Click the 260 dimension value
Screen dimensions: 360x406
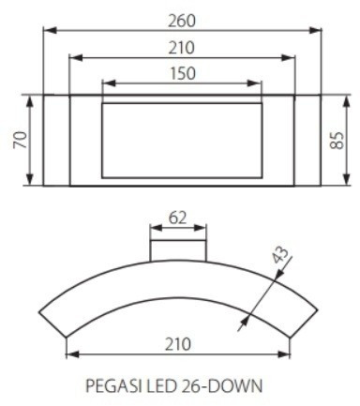tap(182, 22)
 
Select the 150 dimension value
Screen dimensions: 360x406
tap(183, 73)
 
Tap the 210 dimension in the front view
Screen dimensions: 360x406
tap(182, 48)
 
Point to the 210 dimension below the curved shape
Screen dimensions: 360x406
tap(177, 344)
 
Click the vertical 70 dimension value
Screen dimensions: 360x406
tap(21, 140)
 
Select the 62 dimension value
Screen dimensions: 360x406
tap(177, 218)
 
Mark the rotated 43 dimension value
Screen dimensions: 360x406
tap(280, 254)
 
